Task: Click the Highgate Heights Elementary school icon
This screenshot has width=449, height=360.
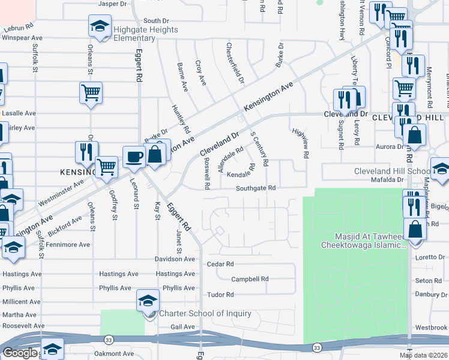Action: [x=100, y=26]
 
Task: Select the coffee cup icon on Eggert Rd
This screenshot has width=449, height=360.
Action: [x=133, y=157]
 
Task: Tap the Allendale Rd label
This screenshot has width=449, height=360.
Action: [x=231, y=160]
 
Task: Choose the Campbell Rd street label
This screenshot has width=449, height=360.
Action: [x=250, y=279]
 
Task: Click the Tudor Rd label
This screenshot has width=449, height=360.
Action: [x=220, y=295]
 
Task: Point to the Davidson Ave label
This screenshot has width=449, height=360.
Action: [x=175, y=259]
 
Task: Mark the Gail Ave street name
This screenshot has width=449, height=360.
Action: [x=183, y=327]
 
